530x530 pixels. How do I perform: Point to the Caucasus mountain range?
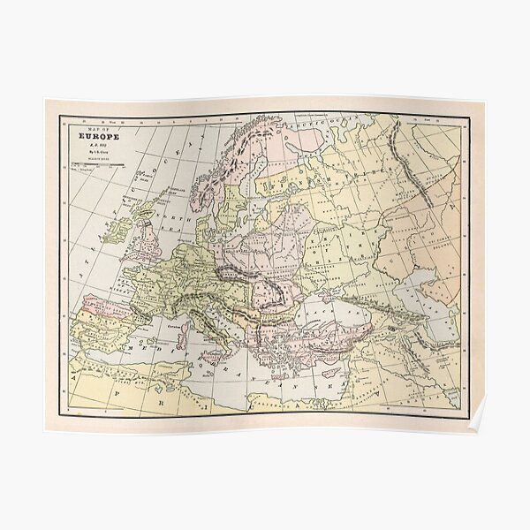pyautogui.click(x=397, y=305)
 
